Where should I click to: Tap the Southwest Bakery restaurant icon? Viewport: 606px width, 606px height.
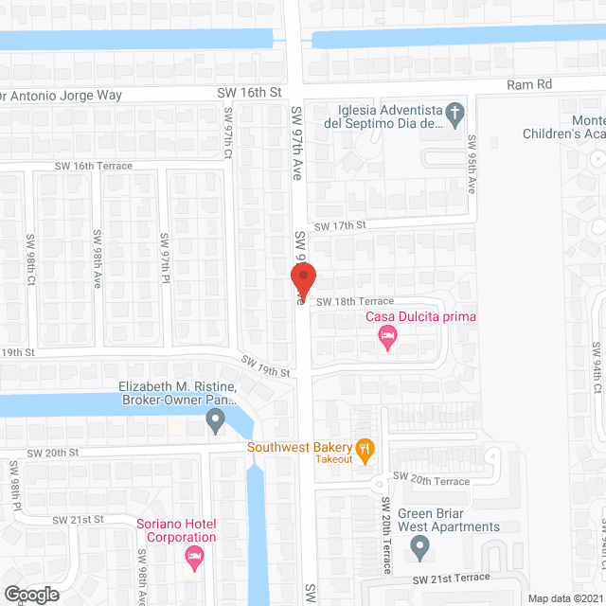pos(364,448)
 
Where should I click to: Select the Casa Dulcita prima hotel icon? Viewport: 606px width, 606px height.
pos(387,337)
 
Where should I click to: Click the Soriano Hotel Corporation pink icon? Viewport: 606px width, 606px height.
pos(195,558)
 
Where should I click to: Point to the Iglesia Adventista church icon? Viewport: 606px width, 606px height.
pos(454,116)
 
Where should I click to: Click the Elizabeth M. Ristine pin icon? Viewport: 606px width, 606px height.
pos(216,419)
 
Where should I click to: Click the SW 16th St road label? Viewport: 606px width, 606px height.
pos(250,92)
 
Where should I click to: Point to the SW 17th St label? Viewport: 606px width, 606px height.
pos(340,225)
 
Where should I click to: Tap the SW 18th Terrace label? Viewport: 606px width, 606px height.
pos(353,302)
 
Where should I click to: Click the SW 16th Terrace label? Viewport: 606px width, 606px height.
pos(93,165)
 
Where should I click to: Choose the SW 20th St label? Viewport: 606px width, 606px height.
pos(52,453)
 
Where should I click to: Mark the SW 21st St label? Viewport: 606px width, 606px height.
pos(78,520)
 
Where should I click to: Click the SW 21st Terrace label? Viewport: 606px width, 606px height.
pos(451,578)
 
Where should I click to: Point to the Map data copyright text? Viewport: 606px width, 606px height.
pos(564,598)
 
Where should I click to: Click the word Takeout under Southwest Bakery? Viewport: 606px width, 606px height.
pos(333,459)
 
